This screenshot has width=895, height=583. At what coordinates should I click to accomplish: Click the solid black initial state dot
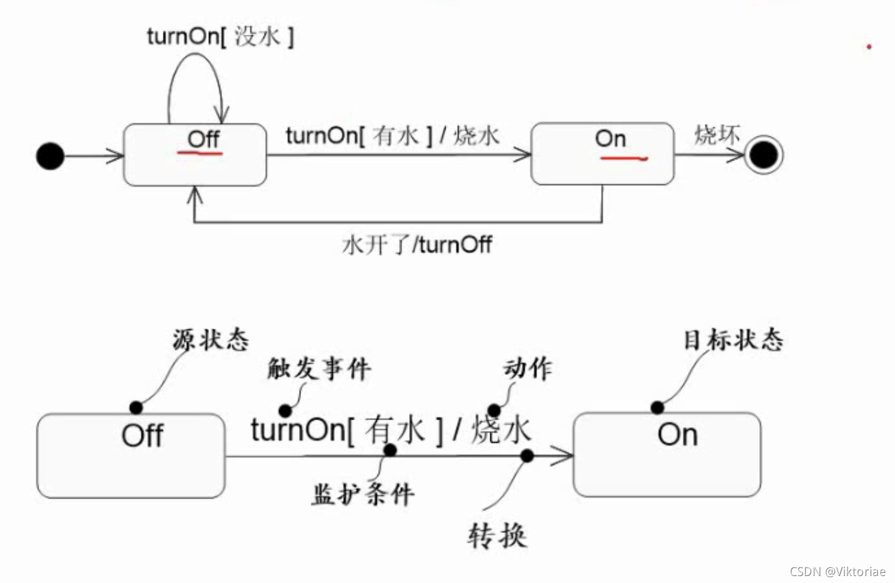(50, 156)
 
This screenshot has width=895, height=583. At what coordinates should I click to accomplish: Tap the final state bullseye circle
(763, 155)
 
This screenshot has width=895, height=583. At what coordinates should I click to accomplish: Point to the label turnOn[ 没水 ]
(220, 37)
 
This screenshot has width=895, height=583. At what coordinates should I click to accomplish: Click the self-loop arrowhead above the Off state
(221, 115)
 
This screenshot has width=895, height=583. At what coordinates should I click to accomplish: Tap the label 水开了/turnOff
(417, 244)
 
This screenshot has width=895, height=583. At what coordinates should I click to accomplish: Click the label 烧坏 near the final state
(716, 134)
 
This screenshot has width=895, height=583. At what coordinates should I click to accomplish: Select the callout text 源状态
(211, 340)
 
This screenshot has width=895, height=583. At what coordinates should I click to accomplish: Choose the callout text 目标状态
(733, 340)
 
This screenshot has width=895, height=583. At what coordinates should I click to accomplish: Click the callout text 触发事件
(319, 368)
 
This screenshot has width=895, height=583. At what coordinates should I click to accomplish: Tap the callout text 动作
(528, 368)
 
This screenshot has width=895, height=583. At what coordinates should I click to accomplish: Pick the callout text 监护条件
(363, 494)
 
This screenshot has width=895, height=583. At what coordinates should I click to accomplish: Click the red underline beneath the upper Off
(199, 153)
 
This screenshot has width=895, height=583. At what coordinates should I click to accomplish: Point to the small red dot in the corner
(869, 47)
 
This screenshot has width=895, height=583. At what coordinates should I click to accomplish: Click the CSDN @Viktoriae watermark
(838, 571)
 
